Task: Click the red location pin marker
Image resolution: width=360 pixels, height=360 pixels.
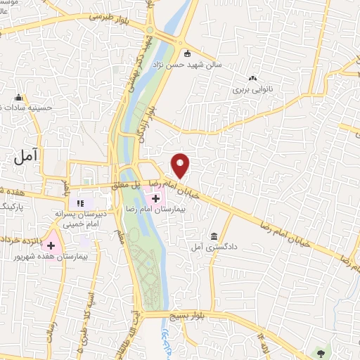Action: point(181,165)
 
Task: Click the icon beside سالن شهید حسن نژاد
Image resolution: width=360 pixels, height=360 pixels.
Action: point(187,54)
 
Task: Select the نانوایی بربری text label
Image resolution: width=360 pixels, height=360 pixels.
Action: point(252,90)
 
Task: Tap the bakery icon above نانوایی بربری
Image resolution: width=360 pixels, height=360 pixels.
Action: point(252,78)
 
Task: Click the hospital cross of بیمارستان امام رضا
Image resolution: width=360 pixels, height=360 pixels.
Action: point(155,200)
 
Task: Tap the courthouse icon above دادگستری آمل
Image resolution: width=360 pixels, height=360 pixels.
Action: point(214,236)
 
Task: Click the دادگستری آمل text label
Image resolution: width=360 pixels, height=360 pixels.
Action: point(210,248)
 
